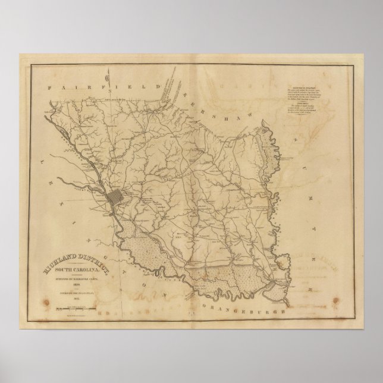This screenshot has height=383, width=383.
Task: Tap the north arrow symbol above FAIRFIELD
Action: coord(102,76)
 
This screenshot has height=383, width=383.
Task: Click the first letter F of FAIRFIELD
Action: coord(52,87)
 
